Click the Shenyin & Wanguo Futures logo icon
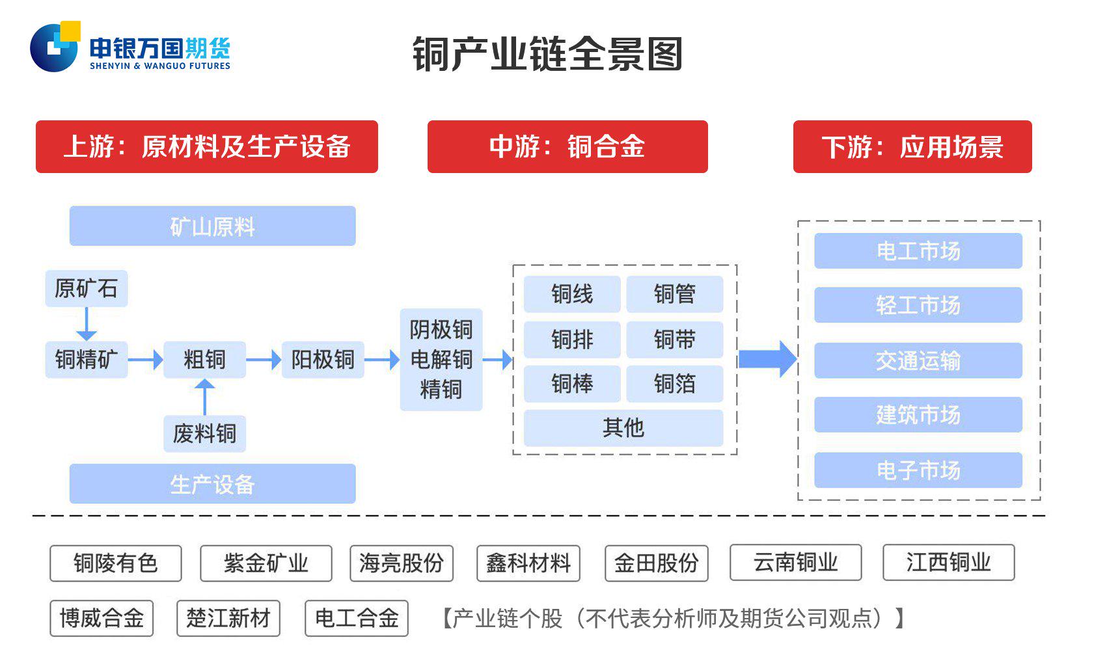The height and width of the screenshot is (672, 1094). pos(55,47)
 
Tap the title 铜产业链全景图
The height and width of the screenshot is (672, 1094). pos(547,54)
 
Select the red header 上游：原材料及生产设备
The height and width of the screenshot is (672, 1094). pos(206,146)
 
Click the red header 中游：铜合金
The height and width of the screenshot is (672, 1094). pos(567,146)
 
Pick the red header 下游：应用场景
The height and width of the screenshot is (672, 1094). pos(912,146)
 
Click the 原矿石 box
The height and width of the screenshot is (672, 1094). pos(86,288)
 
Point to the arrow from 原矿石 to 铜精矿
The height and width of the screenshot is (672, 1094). pos(86,323)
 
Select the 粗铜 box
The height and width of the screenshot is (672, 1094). pos(204,359)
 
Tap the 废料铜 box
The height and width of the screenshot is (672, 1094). pos(204,433)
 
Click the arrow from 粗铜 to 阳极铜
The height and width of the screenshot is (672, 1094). pos(264,359)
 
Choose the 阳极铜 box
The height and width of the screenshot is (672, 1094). pos(322,359)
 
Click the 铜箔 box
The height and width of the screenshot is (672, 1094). pos(674,384)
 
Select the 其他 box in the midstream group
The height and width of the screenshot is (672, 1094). pos(623,427)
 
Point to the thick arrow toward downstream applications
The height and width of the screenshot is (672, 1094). pos(767,359)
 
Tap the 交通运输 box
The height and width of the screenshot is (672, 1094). pos(918,360)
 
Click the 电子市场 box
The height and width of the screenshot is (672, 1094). pos(918,470)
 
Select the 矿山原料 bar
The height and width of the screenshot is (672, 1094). pos(212,226)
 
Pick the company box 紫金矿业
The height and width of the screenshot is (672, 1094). pos(266,563)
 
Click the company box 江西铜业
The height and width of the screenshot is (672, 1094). pos(948,563)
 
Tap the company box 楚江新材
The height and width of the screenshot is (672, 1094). pos(228,618)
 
